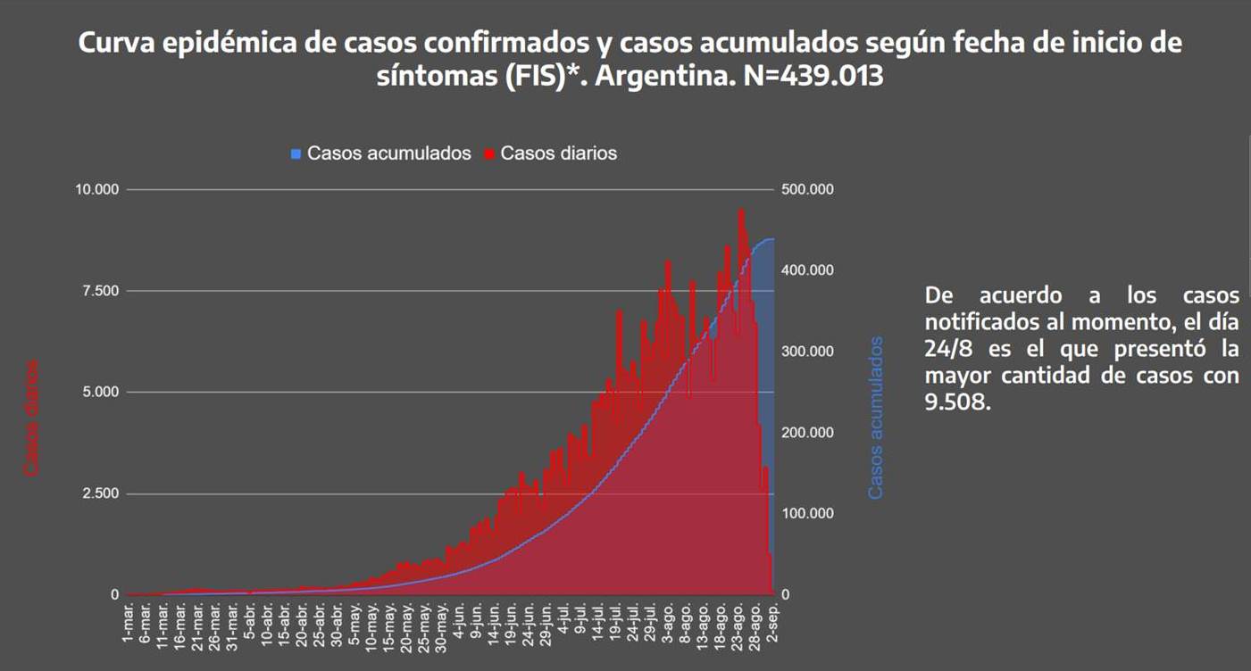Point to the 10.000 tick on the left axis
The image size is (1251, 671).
[97, 190]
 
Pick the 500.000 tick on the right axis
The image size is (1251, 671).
[808, 190]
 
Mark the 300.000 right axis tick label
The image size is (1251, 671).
[808, 352]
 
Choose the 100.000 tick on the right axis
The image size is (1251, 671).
[808, 513]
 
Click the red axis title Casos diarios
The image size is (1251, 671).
[32, 417]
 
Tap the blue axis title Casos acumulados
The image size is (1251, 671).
[876, 417]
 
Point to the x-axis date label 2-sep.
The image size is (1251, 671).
[772, 622]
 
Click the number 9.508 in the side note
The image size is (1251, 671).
[958, 402]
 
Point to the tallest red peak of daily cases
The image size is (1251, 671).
[740, 211]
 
